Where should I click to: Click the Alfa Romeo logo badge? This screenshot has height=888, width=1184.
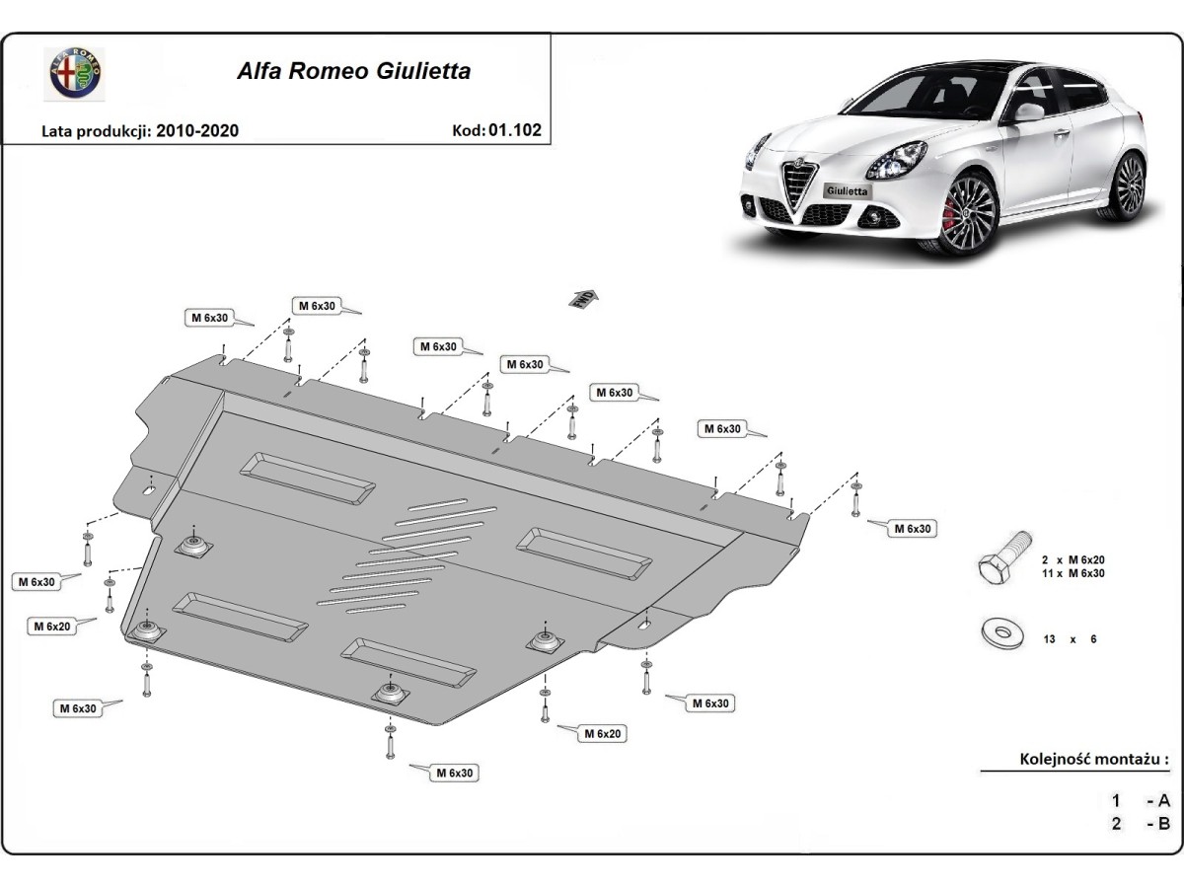[x=74, y=73]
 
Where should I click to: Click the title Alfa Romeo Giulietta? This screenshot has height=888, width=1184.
[x=352, y=71]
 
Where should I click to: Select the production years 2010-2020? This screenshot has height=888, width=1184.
[x=196, y=130]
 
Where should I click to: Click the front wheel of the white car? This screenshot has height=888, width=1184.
[x=970, y=214]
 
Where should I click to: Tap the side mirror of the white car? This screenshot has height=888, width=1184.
[x=1028, y=111]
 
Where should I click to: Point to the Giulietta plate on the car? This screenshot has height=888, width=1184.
[x=848, y=191]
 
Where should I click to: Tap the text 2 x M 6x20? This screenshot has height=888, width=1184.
[x=1072, y=558]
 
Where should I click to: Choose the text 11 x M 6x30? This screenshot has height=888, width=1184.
[x=1072, y=572]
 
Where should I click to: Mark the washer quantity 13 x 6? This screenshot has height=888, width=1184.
[x=1071, y=639]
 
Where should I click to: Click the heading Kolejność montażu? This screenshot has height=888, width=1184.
[x=1093, y=760]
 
